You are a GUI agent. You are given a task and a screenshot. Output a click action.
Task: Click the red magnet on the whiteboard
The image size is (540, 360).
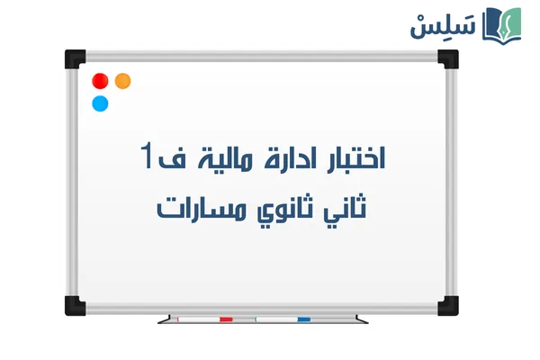tap(100, 81)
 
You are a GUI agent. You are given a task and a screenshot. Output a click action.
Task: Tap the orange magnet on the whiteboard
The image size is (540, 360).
tap(122, 80)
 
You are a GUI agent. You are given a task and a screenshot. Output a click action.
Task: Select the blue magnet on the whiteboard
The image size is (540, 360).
tap(100, 103)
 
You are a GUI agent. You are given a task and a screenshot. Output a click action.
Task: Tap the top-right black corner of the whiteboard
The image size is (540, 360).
tap(448, 58)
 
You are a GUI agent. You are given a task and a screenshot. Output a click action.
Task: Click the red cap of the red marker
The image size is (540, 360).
tap(226, 319)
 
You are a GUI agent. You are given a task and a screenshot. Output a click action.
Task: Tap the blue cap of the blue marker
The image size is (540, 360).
tap(303, 319)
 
